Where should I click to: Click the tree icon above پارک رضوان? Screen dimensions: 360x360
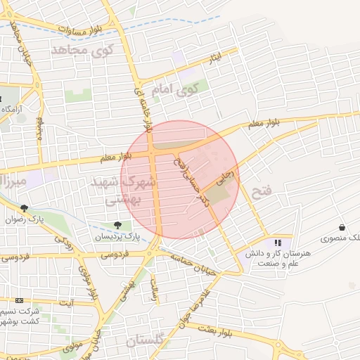25,208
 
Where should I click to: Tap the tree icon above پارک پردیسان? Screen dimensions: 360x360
117,226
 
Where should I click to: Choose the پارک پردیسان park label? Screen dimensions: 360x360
117,238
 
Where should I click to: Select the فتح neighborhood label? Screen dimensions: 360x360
260,191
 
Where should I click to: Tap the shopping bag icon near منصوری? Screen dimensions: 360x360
342,228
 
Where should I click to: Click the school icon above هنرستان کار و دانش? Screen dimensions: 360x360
267,243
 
